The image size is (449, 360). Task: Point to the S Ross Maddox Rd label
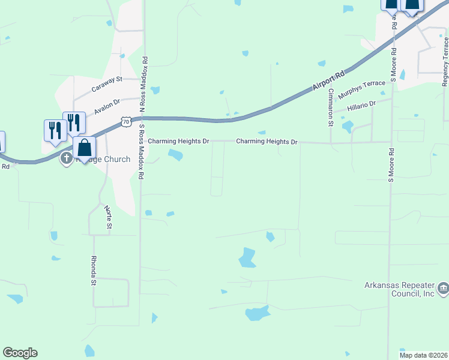coord(143,152)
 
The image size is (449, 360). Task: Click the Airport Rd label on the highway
coord(328,80)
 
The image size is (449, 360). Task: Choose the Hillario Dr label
coord(361,107)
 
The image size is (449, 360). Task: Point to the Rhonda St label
coord(94,269)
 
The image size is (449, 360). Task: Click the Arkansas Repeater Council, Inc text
coord(400,289)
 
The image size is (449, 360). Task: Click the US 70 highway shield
coord(125,122)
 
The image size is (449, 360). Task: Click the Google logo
coord(20,353)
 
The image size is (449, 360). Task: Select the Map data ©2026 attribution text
coord(423,355)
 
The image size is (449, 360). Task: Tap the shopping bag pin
coord(85,148)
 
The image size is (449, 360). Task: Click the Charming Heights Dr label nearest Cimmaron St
coord(267,142)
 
